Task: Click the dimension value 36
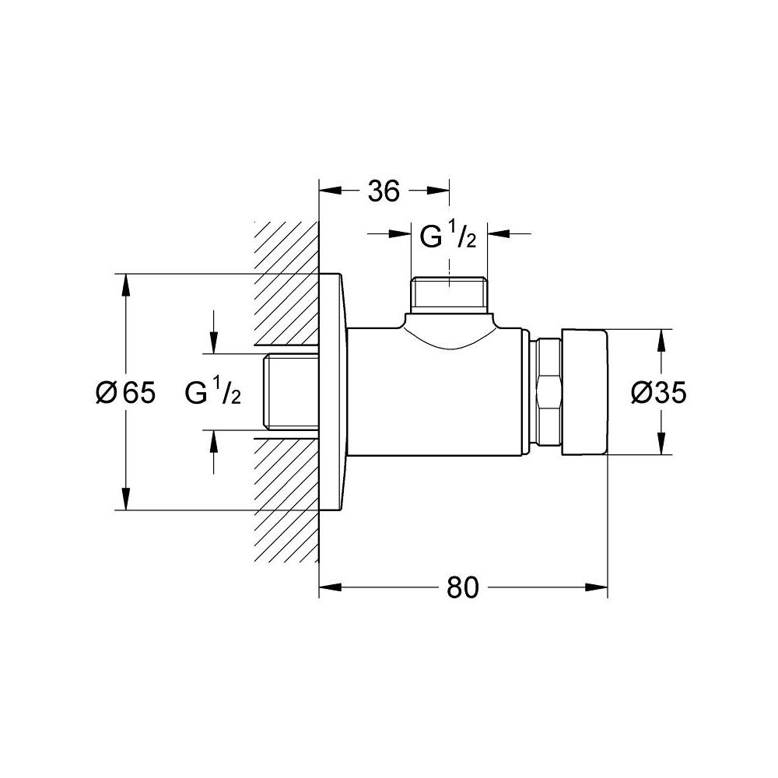(x=384, y=191)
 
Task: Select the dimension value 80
(x=462, y=587)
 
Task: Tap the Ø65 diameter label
(x=125, y=392)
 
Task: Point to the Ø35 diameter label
(x=658, y=392)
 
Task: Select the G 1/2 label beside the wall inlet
(x=213, y=392)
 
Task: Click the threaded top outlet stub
(x=450, y=295)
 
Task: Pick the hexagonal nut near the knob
(x=545, y=392)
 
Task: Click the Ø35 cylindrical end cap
(x=584, y=391)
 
